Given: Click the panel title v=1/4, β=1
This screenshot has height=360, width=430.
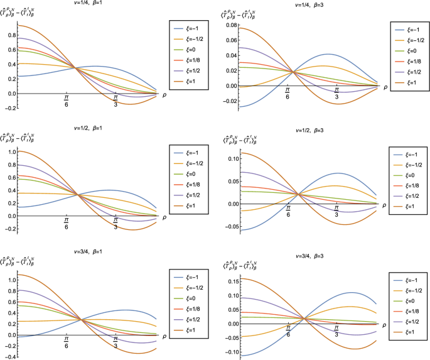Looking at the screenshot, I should pyautogui.click(x=89, y=4).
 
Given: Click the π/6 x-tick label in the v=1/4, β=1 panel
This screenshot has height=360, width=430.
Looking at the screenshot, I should pyautogui.click(x=67, y=101).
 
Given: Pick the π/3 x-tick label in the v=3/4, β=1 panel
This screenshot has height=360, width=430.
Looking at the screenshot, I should pyautogui.click(x=116, y=344).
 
